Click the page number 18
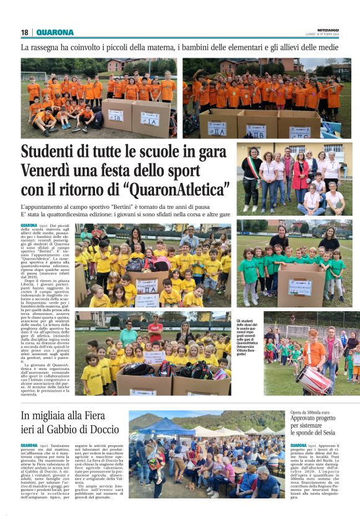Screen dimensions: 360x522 pyautogui.click(x=24, y=33)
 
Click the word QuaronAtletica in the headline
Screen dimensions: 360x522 pyautogui.click(x=177, y=188)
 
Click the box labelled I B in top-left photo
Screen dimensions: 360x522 pyautogui.click(x=115, y=115)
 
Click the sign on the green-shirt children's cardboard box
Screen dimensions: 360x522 pyautogui.click(x=300, y=286)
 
